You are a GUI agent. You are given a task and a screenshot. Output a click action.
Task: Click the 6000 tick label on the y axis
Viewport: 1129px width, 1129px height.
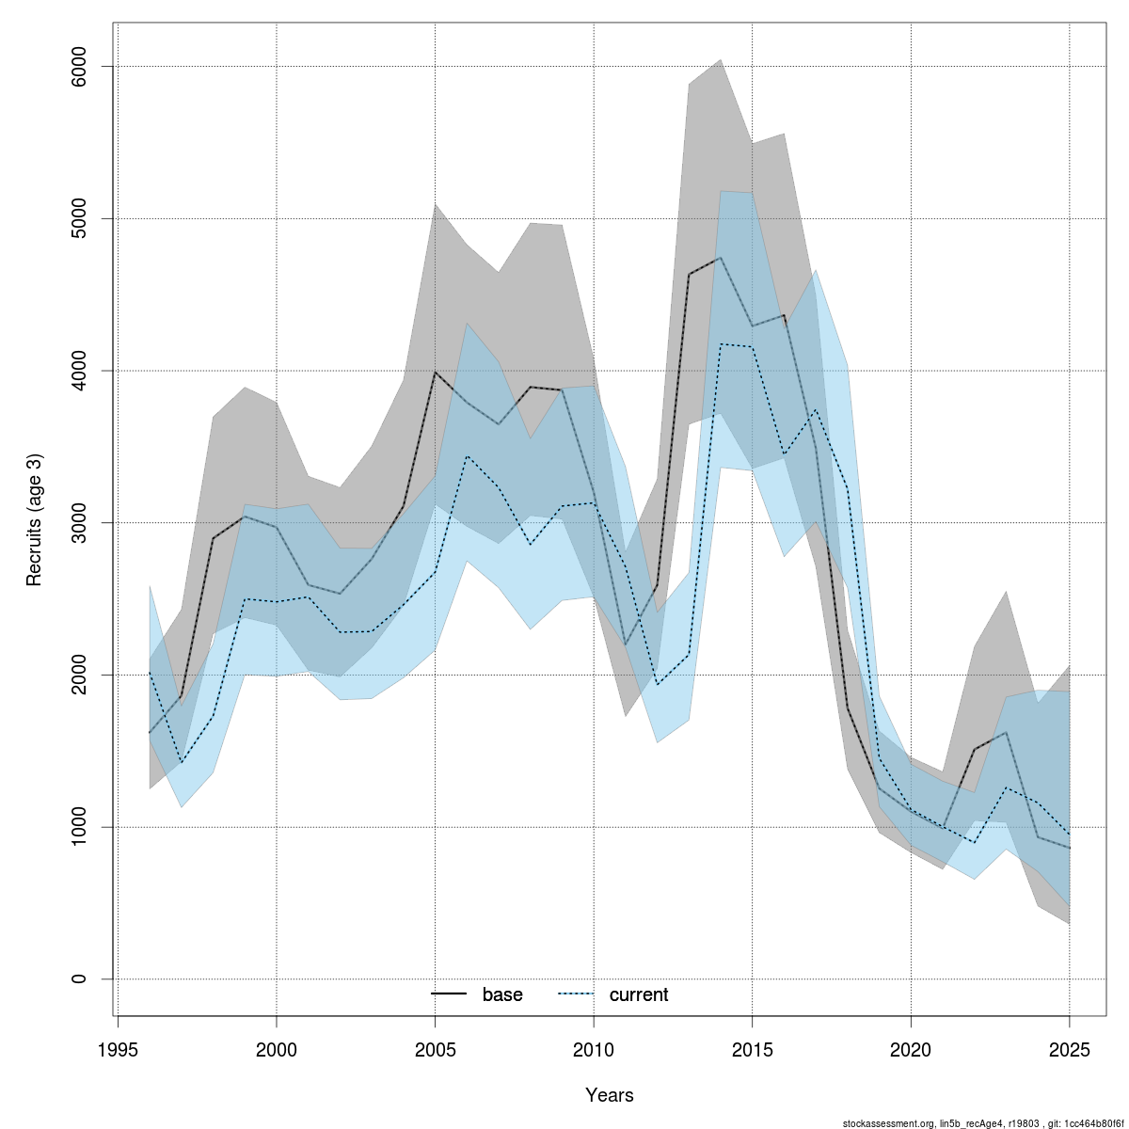tap(79, 67)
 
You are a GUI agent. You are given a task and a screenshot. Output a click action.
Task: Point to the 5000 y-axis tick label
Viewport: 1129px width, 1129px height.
tap(79, 218)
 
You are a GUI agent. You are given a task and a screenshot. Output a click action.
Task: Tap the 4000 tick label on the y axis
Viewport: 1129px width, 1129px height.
tap(79, 371)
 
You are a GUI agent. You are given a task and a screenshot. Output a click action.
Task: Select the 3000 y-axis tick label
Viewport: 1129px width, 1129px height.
tap(79, 523)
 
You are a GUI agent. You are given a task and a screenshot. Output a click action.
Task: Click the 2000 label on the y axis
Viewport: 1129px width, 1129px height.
tap(79, 675)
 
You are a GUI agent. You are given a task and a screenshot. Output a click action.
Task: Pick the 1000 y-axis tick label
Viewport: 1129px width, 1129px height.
tap(79, 827)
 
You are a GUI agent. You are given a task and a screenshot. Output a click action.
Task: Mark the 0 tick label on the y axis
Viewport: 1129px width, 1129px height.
tap(79, 979)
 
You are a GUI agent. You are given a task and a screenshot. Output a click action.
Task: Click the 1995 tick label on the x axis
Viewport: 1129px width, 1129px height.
tap(118, 1049)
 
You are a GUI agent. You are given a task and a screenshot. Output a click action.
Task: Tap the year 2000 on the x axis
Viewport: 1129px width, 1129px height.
tap(277, 1049)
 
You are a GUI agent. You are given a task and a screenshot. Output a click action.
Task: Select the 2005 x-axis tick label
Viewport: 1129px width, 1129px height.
tap(435, 1049)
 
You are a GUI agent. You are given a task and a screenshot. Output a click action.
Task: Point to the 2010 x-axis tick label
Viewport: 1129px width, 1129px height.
tap(594, 1049)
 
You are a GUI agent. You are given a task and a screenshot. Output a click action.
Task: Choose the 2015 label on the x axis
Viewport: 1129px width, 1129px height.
tap(753, 1049)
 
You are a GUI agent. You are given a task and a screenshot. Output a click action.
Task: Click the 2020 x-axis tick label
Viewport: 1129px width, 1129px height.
tap(911, 1049)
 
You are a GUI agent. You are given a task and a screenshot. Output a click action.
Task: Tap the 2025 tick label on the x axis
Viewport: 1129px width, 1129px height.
tap(1070, 1049)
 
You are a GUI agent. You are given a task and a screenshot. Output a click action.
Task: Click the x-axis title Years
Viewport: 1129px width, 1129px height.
tap(609, 1095)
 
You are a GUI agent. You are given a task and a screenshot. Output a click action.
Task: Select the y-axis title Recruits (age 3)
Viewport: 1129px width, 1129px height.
tap(35, 520)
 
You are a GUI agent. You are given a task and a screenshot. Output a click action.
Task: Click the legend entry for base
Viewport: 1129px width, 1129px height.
tap(501, 994)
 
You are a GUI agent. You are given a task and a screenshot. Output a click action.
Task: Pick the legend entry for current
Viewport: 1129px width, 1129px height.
tap(638, 994)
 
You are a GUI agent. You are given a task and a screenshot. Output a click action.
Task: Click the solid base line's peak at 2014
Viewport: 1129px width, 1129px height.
tap(721, 258)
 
